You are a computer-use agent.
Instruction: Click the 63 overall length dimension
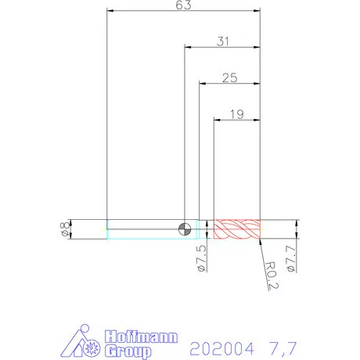[x=183, y=5]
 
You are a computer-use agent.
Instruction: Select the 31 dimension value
[x=223, y=41]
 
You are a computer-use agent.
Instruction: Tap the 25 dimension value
[x=230, y=77]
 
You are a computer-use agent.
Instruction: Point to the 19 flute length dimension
[x=237, y=114]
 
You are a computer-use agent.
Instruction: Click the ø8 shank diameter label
[x=65, y=229]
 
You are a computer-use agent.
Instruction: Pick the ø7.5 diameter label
[x=202, y=258]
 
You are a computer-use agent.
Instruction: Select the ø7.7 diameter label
[x=290, y=259]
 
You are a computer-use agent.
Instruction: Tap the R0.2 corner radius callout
[x=272, y=275]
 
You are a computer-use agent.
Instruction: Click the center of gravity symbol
[x=185, y=229]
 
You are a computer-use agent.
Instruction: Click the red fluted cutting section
[x=237, y=229]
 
